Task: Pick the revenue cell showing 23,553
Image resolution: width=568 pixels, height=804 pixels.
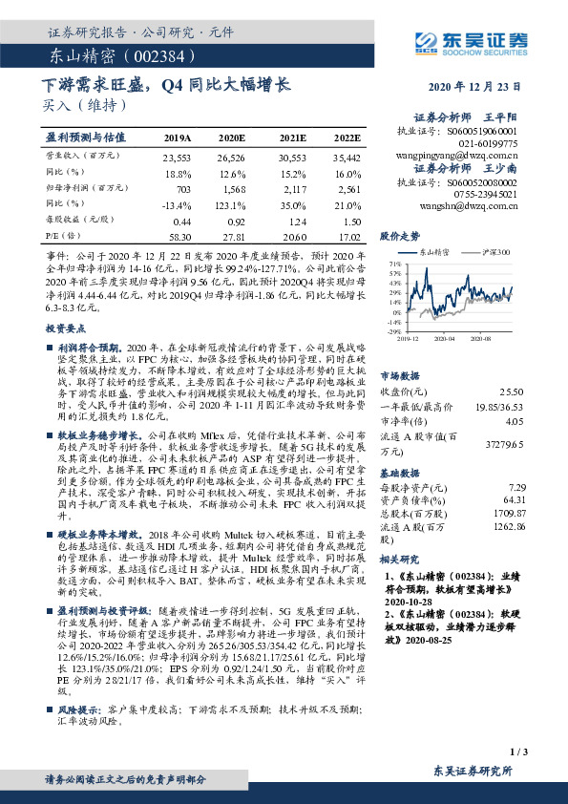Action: [178, 157]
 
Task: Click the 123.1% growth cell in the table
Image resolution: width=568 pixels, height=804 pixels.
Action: [235, 204]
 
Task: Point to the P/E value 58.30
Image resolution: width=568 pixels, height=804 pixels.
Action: [178, 235]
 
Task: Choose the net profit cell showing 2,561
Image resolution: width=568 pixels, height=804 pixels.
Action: [347, 189]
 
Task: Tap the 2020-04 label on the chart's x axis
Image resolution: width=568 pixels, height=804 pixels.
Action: [441, 338]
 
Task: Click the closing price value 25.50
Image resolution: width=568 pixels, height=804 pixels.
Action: [512, 391]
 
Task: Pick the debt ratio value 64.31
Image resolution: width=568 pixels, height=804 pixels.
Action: [512, 499]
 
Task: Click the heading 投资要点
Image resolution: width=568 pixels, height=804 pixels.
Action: [68, 328]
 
